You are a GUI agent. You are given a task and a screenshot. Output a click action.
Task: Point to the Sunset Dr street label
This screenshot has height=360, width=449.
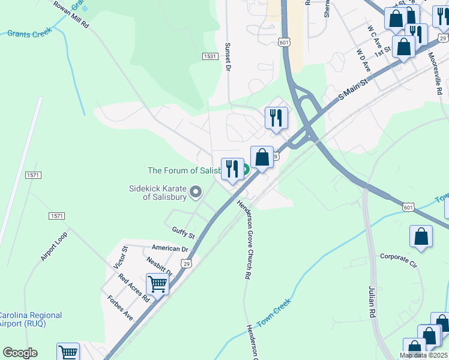[228, 57]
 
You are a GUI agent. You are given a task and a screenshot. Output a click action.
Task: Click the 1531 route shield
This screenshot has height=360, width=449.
[209, 56]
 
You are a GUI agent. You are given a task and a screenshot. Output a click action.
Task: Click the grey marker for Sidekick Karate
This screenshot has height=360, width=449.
[196, 192]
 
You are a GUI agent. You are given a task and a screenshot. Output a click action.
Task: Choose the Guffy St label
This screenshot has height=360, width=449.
[183, 231]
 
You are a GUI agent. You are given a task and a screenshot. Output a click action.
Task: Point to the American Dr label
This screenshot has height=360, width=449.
[170, 248]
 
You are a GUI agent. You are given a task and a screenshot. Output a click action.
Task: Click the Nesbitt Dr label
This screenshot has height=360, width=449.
[159, 266]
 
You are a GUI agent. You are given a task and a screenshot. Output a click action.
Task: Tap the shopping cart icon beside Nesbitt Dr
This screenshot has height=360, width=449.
[157, 283]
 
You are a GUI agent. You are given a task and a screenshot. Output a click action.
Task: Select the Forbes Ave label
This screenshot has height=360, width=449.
[120, 307]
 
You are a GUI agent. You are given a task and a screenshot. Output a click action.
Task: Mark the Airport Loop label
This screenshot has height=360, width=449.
[54, 246]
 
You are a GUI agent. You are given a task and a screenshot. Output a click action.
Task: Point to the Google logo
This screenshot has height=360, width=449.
[20, 353]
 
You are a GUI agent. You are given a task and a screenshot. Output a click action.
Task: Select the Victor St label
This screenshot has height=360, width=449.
[119, 257]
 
